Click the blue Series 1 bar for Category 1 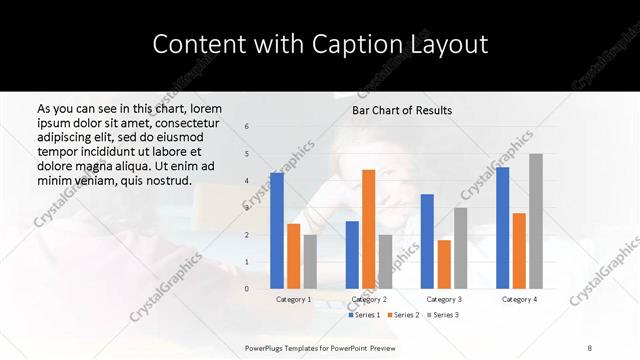click(277, 231)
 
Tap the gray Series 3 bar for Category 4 click(535, 221)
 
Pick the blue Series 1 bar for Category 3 click(427, 241)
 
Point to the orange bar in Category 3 click(444, 264)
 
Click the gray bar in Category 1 click(310, 262)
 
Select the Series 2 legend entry click(404, 315)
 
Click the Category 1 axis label click(293, 299)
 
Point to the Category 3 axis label click(443, 299)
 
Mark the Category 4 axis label click(519, 299)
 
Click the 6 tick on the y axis click(247, 127)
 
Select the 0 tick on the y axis click(247, 289)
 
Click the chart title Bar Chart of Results click(402, 110)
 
